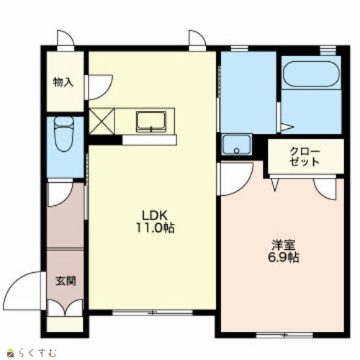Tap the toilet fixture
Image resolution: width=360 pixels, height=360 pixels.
pos(63,134)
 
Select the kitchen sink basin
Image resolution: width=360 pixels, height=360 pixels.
pos(151,121)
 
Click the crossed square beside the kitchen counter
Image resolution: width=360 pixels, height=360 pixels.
pos(102,121)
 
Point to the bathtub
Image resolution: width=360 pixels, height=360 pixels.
pos(311,74)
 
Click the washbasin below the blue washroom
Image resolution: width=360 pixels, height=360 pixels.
pos(237,145)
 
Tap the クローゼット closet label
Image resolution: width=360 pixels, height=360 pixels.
pos(305,157)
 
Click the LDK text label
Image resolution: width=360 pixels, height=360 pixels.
pos(155,215)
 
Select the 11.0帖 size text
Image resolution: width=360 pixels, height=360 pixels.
pos(156,228)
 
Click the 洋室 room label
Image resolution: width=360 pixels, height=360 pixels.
pos(283,245)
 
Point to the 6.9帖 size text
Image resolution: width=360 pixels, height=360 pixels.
pos(283,257)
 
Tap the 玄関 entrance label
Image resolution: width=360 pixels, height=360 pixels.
pos(66,281)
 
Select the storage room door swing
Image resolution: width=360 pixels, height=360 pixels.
pos(107,91)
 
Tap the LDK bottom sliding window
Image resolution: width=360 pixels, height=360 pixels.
pos(153,312)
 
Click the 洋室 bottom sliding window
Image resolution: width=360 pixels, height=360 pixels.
pos(284,335)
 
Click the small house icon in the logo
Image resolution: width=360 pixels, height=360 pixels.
pos(11,353)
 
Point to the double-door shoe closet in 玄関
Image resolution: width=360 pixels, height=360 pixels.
pos(65,308)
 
